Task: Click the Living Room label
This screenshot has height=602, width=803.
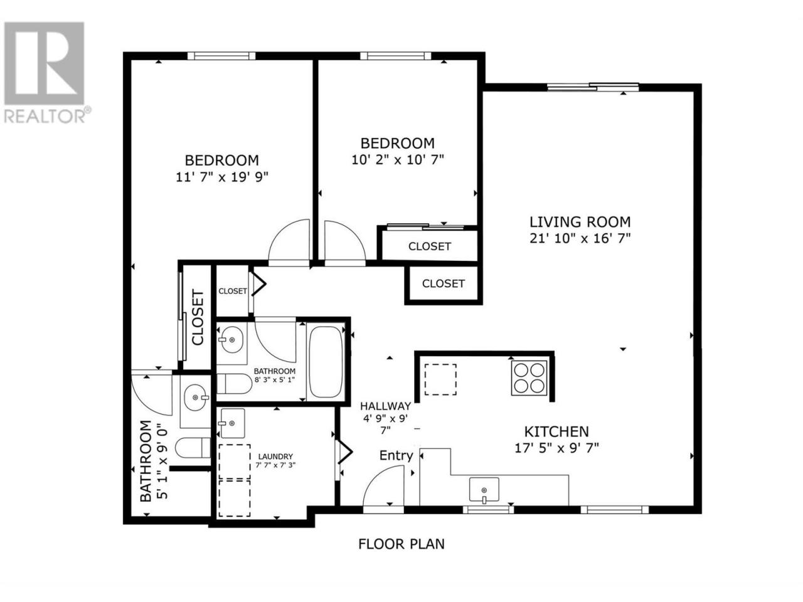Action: click(580, 222)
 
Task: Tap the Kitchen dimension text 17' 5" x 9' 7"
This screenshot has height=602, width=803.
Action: click(556, 448)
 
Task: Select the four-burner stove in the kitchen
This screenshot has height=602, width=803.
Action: click(529, 378)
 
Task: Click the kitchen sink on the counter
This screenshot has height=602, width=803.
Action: click(484, 490)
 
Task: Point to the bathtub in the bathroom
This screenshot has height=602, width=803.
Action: click(326, 362)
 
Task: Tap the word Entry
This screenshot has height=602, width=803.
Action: click(396, 455)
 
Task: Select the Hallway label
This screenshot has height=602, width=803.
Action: click(386, 406)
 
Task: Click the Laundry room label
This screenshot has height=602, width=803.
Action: click(275, 457)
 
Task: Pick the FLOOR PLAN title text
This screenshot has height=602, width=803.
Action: click(401, 544)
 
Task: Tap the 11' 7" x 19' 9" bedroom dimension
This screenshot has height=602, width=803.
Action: click(222, 177)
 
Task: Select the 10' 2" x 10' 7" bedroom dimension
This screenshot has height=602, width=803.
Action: click(398, 160)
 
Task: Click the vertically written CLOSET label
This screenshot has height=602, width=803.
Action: click(198, 317)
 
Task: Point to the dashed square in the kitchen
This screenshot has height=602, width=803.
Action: click(440, 379)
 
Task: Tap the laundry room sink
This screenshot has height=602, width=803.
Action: click(232, 423)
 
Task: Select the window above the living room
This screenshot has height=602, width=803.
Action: click(593, 87)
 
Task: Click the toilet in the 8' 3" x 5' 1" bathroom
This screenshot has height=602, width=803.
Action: click(235, 383)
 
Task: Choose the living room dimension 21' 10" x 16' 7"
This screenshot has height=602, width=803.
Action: click(580, 239)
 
